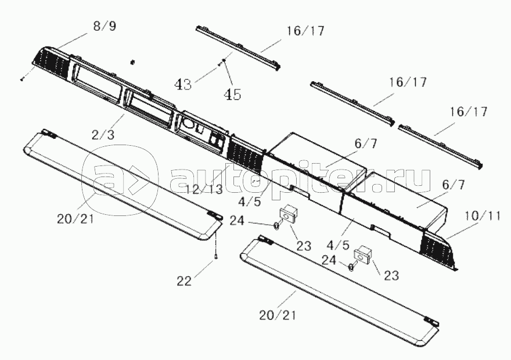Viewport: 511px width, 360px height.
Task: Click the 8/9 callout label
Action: point(105,26)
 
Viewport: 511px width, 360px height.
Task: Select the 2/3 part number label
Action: point(103,135)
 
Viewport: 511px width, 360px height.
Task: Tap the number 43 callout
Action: point(183,85)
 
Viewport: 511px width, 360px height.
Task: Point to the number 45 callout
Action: point(232,95)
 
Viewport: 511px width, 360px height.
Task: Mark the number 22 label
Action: point(184,281)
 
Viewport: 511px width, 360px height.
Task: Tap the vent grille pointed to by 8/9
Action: point(52,62)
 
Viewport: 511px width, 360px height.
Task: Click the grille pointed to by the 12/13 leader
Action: point(247,153)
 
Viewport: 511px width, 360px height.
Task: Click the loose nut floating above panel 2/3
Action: point(132,62)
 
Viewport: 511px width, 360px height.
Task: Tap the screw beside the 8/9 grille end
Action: point(22,79)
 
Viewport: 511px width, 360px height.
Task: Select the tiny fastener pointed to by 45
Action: point(224,60)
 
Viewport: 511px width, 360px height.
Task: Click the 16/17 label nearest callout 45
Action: point(305,31)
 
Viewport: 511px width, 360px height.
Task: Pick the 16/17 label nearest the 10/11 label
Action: point(469,111)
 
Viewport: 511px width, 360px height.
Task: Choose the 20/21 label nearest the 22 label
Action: point(75,219)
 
